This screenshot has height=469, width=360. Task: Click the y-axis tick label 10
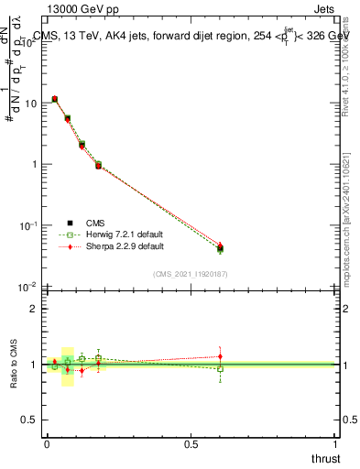(x=32, y=104)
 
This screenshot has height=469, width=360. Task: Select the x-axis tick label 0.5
(x=191, y=444)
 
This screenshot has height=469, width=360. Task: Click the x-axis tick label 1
(x=336, y=444)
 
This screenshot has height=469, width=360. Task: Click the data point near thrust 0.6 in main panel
(x=220, y=248)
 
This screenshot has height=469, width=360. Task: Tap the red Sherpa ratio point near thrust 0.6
(x=220, y=356)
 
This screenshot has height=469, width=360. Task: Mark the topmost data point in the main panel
(x=55, y=99)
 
